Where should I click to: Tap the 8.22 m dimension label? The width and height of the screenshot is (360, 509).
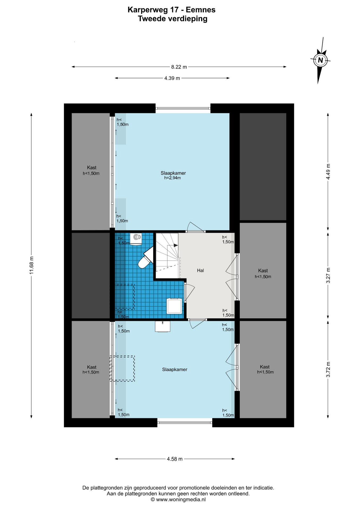point(179,67)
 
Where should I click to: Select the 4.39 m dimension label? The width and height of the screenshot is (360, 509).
point(172,78)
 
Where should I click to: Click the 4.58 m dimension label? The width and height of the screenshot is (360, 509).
point(175,459)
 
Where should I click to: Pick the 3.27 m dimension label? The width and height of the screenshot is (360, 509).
point(328,275)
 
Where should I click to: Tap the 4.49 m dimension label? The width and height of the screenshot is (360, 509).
point(328,172)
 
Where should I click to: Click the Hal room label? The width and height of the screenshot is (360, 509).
point(200,270)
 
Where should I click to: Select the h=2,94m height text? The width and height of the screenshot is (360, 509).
point(172,178)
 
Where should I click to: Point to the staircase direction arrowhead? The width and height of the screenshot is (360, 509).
point(176,245)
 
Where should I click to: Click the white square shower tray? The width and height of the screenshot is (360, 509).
point(174,306)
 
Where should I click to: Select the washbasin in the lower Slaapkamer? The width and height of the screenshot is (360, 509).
point(162,326)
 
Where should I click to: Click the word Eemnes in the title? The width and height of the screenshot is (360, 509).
point(200,10)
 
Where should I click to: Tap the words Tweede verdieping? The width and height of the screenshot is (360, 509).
point(173,19)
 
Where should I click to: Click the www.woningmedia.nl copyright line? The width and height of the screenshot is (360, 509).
point(178,499)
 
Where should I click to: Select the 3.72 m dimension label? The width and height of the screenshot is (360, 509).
point(328,369)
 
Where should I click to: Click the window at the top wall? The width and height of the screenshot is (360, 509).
point(183,108)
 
